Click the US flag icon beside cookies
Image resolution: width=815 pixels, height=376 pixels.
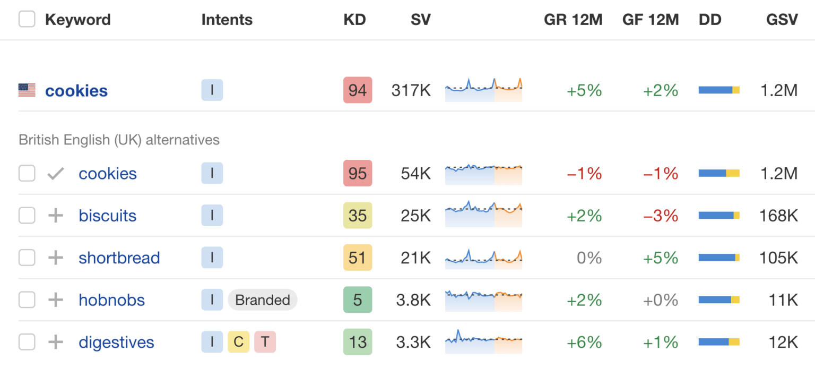click(x=27, y=90)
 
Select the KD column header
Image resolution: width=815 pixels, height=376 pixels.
click(x=354, y=20)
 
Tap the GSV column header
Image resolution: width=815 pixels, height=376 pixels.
click(x=782, y=20)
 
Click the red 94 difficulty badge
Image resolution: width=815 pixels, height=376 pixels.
click(x=358, y=90)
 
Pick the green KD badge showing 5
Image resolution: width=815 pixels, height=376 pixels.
click(x=358, y=300)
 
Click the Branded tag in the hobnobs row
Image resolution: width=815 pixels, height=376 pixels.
click(x=263, y=300)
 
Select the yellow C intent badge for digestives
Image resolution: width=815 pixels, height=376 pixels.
click(x=238, y=342)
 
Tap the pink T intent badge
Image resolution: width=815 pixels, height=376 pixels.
click(x=265, y=342)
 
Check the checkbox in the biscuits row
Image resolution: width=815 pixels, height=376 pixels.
click(x=27, y=216)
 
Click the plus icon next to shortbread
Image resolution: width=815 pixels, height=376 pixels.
click(x=56, y=258)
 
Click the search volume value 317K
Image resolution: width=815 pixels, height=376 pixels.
click(x=411, y=90)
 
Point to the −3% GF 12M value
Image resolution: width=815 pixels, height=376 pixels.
click(x=661, y=216)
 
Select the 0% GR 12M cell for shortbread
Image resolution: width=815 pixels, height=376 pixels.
click(x=589, y=258)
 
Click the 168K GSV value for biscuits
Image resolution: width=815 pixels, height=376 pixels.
click(x=778, y=216)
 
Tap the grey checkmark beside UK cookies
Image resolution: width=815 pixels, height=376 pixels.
click(x=56, y=174)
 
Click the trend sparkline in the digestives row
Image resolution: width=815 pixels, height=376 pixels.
click(x=483, y=342)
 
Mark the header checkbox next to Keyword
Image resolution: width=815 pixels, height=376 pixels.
click(x=27, y=20)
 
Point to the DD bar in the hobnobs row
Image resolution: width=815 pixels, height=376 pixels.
click(x=719, y=300)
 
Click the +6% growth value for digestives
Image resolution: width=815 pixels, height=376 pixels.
click(x=584, y=342)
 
